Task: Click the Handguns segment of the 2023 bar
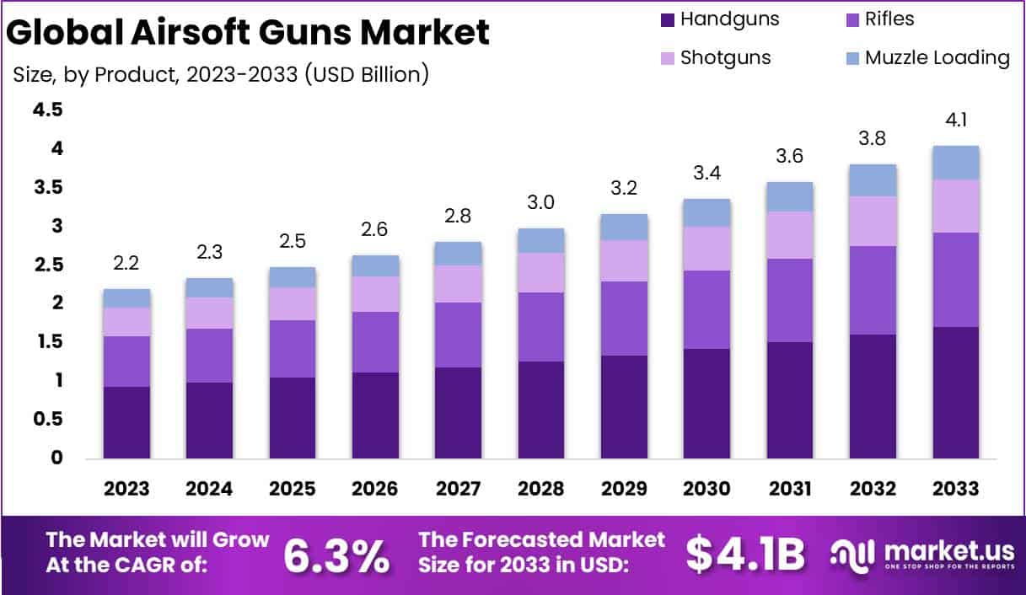coord(126,422)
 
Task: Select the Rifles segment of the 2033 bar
coord(956,279)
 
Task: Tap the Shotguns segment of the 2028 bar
coord(541,272)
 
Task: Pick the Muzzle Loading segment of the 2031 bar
coord(790,196)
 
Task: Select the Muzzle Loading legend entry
coord(927,57)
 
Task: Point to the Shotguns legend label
coord(725,57)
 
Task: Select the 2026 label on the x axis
coord(375,489)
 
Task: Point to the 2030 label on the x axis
coord(707,489)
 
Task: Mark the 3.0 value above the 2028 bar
coord(541,202)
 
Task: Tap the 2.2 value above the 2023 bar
coord(126,265)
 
